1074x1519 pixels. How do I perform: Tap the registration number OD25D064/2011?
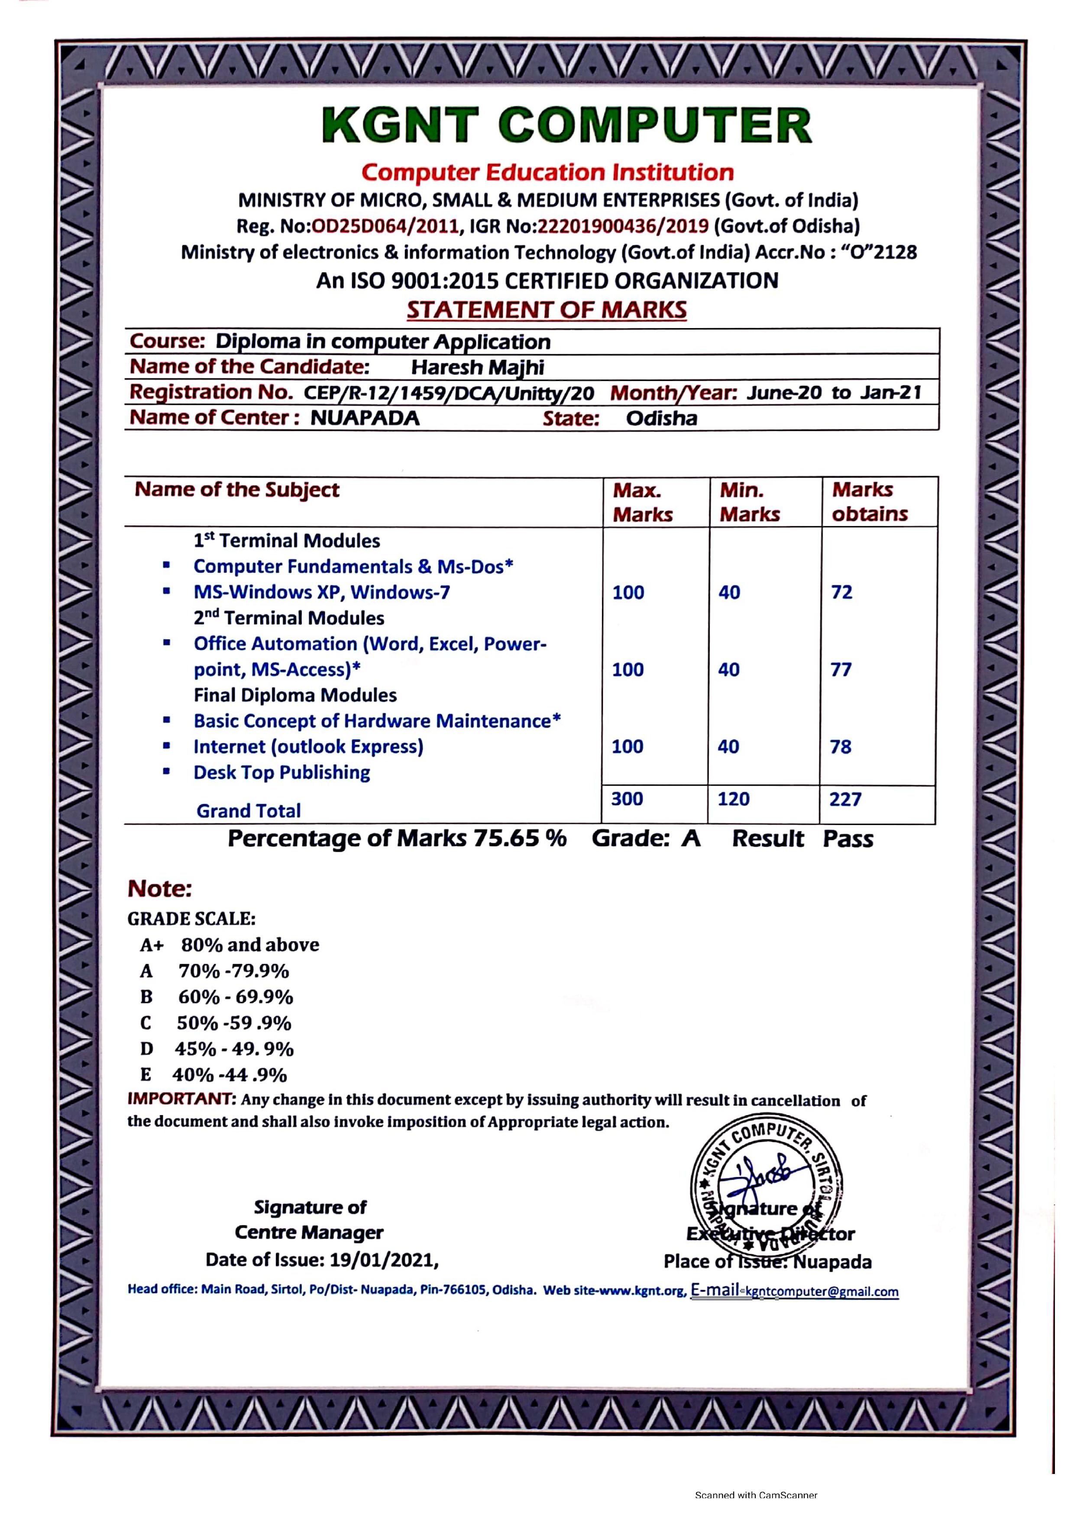(x=385, y=226)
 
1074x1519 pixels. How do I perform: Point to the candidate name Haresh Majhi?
(x=477, y=367)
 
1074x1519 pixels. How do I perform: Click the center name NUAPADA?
(x=365, y=418)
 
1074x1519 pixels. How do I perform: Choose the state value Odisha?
(x=661, y=418)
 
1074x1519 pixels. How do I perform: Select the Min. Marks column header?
(x=749, y=502)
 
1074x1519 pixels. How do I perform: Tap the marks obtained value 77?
(x=841, y=670)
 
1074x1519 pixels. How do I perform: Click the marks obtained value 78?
(x=841, y=747)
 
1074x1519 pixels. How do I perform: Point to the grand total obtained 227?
(x=845, y=799)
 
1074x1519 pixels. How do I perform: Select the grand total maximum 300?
(x=627, y=799)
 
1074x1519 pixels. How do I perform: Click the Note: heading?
(x=159, y=889)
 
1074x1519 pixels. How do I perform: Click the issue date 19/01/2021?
(x=384, y=1260)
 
